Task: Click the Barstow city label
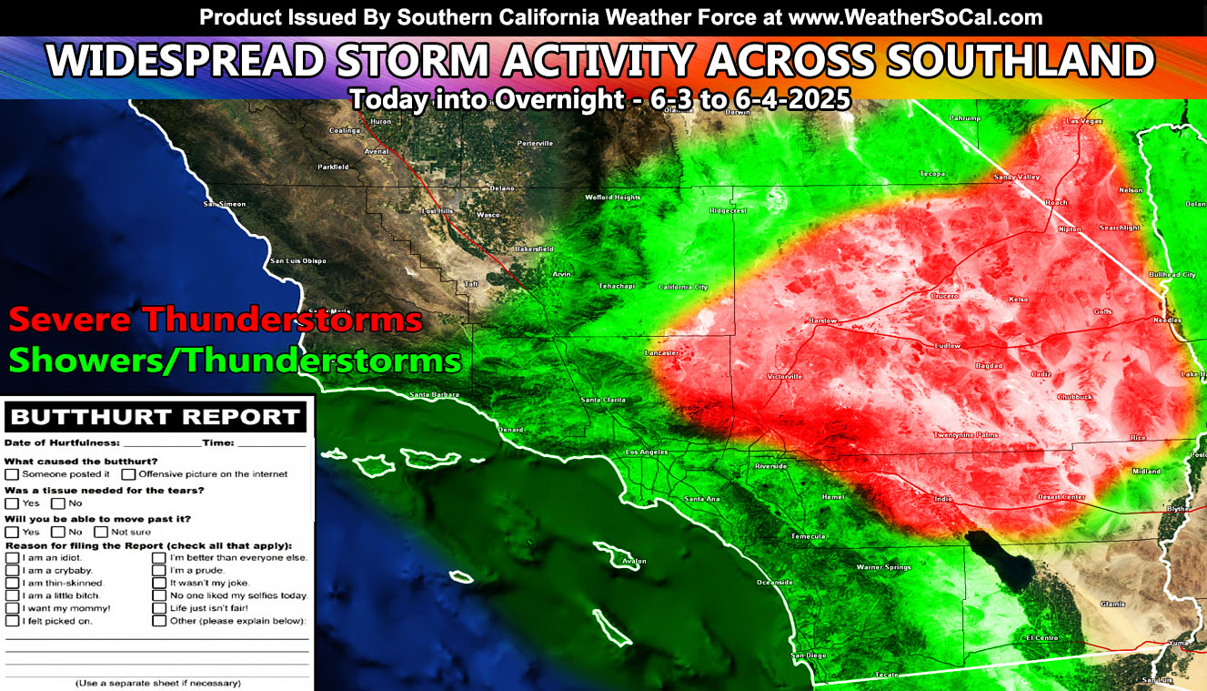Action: tap(822, 320)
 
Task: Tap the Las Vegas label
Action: tap(1084, 121)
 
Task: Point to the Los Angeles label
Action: tap(647, 452)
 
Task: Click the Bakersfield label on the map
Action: tap(534, 249)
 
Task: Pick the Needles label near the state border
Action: tap(1168, 320)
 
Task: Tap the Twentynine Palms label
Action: tap(966, 435)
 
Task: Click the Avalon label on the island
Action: tap(634, 561)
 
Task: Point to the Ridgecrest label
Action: tap(728, 210)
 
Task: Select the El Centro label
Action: tap(1042, 638)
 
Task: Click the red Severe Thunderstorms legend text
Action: tap(216, 320)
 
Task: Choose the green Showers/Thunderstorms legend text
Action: tap(235, 361)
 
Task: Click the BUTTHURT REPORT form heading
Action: tap(155, 418)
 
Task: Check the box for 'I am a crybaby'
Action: tap(12, 570)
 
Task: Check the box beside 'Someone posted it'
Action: tap(12, 473)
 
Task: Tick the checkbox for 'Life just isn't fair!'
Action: tap(159, 607)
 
